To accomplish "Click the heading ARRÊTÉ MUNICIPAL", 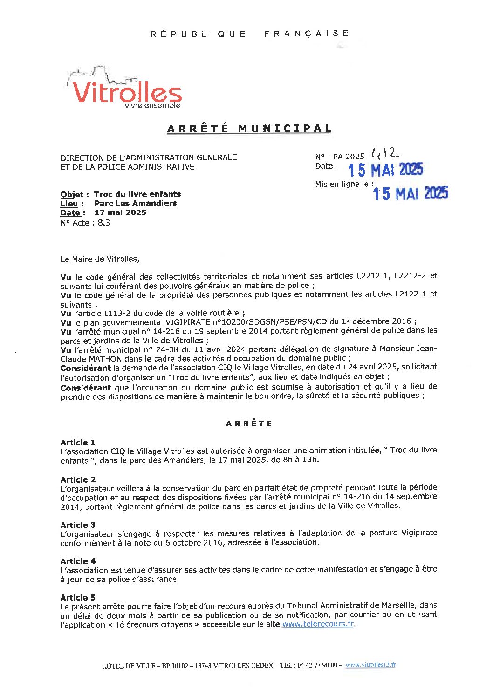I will tap(249, 129).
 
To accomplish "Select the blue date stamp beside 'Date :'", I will tap(385, 170).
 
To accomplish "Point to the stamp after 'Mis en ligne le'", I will tap(410, 193).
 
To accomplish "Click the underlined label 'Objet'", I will tap(72, 194).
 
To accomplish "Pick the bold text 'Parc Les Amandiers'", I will tap(136, 204).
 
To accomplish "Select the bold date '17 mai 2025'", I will tap(120, 213).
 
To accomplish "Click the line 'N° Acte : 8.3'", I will tap(85, 223).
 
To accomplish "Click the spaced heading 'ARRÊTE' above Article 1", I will tap(249, 424).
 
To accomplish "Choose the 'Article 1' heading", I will tap(78, 442).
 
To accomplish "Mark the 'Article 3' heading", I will tap(78, 525).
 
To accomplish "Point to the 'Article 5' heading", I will tap(78, 597).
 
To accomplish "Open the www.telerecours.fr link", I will tap(318, 624).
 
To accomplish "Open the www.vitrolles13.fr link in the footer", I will tap(370, 665).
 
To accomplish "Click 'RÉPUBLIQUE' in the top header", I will tap(198, 34).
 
